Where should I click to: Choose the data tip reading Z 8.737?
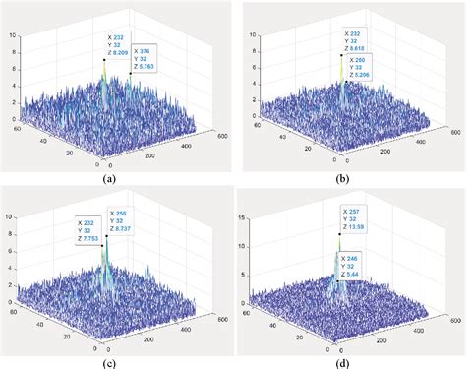(126, 222)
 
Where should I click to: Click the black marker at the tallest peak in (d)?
(339, 234)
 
